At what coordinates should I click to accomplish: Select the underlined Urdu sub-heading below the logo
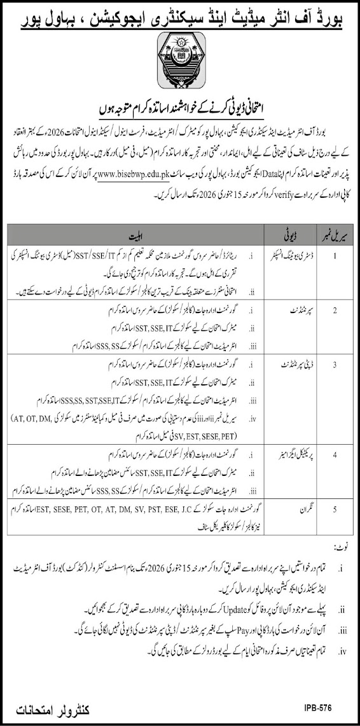180,106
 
